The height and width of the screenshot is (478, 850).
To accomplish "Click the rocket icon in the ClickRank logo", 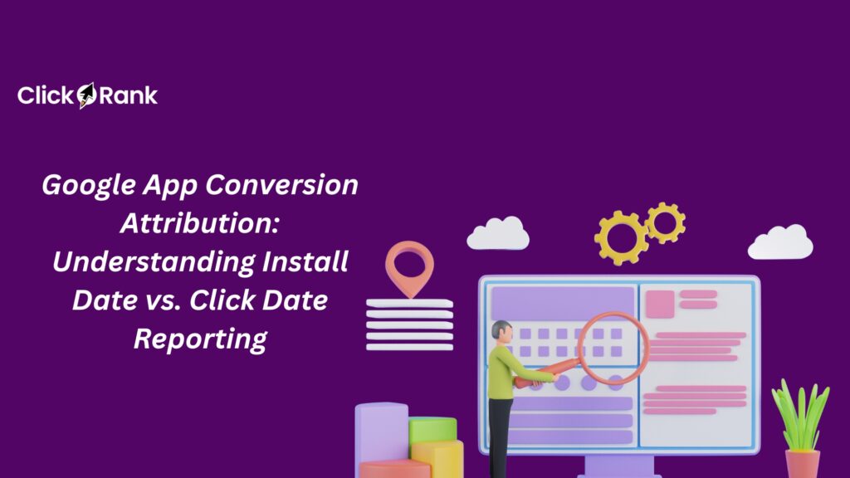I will (87, 96).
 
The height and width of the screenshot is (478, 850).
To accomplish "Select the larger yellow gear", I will (620, 238).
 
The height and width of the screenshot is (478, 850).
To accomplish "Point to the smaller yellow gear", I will (665, 222).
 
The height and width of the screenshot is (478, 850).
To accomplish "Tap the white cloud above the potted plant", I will (779, 242).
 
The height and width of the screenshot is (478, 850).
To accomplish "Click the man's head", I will (502, 331).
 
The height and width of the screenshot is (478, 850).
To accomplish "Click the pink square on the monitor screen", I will (661, 303).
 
